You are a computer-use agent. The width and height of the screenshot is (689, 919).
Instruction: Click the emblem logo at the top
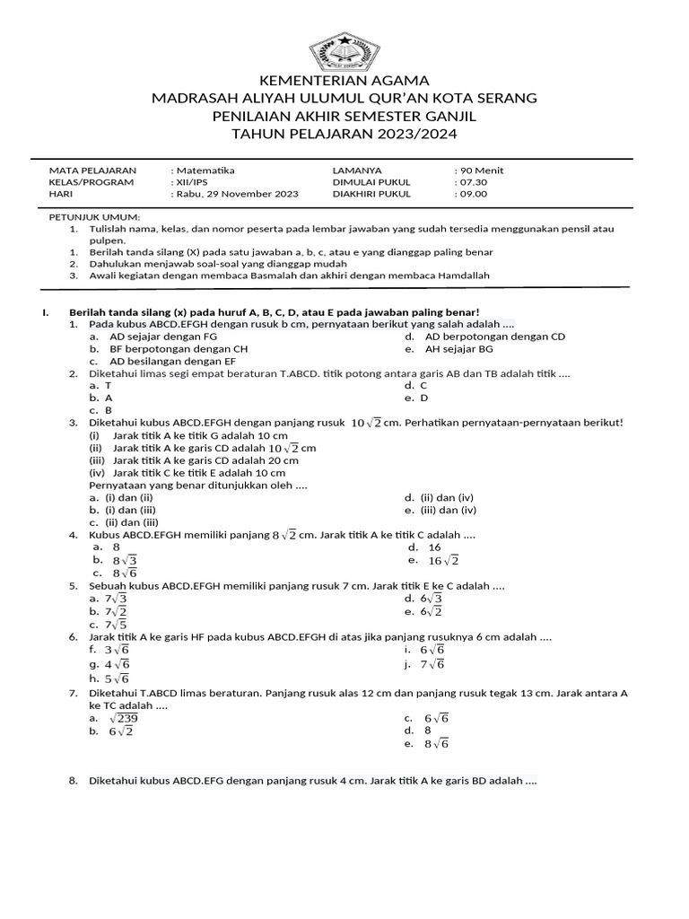344,52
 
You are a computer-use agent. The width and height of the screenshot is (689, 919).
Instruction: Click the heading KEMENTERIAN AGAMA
344,80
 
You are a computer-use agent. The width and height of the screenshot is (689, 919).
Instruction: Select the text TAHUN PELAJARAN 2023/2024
344,134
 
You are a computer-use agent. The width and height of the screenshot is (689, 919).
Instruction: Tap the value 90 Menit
480,170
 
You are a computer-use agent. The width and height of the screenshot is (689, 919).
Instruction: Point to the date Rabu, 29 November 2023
234,193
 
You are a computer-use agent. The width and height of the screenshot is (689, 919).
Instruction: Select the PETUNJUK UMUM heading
94,217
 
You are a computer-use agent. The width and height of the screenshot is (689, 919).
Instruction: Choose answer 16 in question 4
434,547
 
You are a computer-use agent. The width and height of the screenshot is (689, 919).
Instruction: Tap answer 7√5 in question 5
116,625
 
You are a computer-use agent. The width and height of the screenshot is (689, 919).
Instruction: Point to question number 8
74,781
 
